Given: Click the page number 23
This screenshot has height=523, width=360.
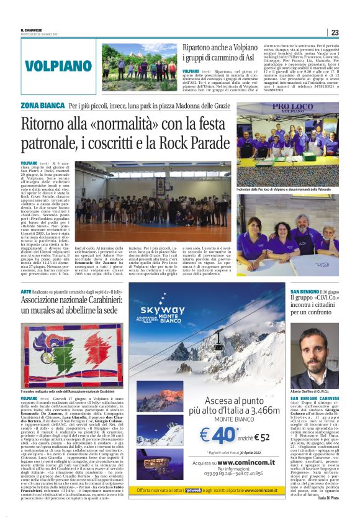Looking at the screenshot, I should pyautogui.click(x=334, y=32).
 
